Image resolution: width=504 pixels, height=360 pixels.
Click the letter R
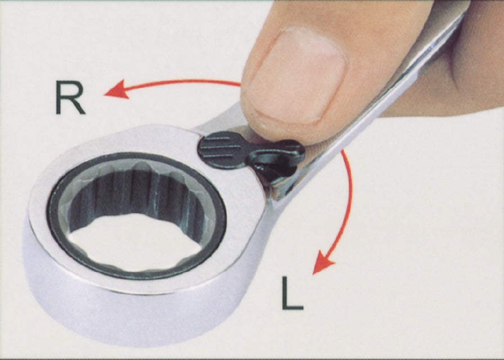70,97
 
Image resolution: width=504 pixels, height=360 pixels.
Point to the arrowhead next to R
116,89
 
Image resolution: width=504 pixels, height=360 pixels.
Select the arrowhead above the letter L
322,262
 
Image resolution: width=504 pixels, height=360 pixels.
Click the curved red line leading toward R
180,82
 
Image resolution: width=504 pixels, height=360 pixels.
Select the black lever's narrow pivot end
280,157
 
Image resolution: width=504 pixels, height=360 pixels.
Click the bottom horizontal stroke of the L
293,307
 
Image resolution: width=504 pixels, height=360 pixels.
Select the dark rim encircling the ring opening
137,157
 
